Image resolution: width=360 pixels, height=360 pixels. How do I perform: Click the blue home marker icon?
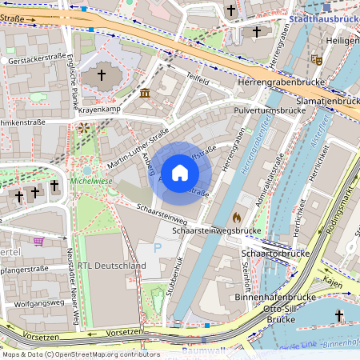180,173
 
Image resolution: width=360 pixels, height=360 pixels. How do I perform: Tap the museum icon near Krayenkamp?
145,94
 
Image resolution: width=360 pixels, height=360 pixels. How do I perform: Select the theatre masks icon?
317,59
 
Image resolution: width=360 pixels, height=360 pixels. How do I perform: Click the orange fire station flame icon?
237,216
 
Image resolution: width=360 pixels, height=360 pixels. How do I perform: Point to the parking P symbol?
157,249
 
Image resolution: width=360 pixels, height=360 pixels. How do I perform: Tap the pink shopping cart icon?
38,241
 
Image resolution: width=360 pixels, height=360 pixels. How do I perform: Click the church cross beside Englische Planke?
101,75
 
